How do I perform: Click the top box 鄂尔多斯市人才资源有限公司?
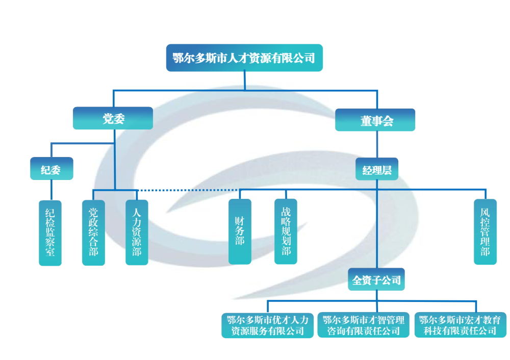(x=244, y=58)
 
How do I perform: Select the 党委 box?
(x=113, y=118)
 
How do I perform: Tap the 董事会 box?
(x=375, y=120)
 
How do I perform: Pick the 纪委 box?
(x=51, y=169)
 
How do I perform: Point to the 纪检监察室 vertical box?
(x=50, y=232)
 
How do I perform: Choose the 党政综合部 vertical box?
(x=93, y=232)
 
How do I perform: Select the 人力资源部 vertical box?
(x=137, y=232)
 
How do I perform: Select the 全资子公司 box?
(x=376, y=279)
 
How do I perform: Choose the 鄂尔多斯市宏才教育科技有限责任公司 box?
(x=460, y=325)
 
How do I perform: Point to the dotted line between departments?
(x=189, y=190)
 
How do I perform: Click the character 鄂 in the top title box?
(x=178, y=58)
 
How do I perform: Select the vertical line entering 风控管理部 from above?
(x=485, y=194)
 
